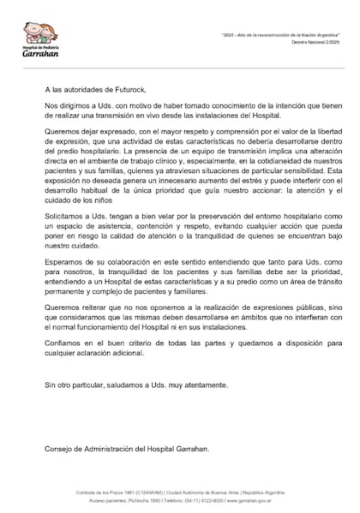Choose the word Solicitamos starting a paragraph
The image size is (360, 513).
pyautogui.click(x=69, y=216)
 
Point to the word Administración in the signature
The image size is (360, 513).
pyautogui.click(x=117, y=448)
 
